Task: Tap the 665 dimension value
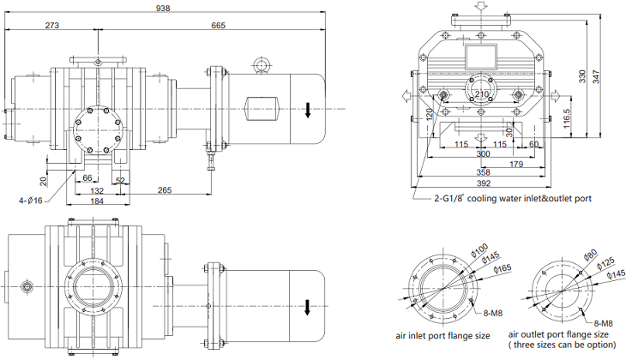(x=217, y=26)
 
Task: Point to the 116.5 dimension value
(x=567, y=117)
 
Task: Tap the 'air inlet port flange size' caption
(x=444, y=334)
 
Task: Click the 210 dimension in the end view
(x=482, y=93)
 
